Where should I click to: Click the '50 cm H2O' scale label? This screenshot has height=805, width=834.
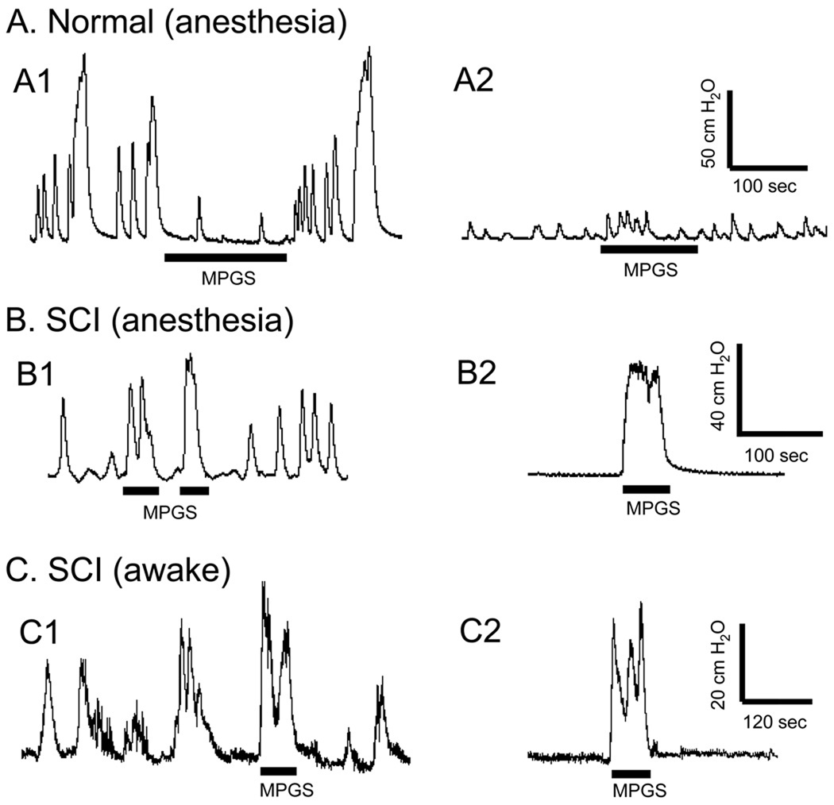711,129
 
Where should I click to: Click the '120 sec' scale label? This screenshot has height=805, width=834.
774,722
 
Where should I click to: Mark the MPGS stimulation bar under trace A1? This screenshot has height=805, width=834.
225,257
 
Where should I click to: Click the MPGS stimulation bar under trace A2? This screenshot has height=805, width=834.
649,249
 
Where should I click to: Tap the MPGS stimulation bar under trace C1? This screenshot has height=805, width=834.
279,770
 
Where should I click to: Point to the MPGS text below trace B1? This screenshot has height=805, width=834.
170,512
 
